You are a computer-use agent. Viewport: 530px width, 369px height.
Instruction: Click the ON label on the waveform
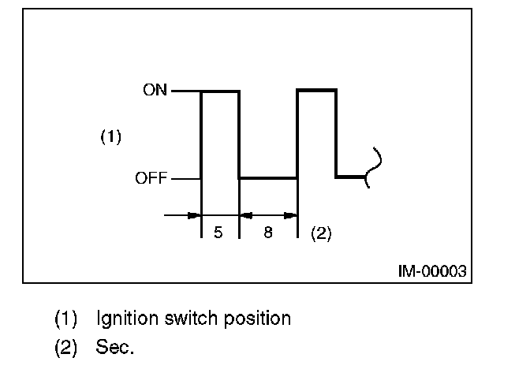(155, 90)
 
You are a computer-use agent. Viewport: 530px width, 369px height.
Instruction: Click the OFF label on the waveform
(151, 178)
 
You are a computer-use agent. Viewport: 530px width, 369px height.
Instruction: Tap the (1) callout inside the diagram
(110, 137)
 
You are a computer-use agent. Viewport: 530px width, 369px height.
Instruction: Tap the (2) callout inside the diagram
(321, 233)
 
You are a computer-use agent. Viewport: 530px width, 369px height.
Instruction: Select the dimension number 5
(219, 233)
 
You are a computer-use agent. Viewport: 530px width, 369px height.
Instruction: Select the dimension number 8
(268, 233)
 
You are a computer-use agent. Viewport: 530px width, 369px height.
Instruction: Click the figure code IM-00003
(431, 271)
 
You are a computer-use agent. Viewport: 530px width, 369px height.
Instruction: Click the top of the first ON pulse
(220, 91)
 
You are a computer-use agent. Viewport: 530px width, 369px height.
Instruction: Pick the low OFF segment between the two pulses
(268, 178)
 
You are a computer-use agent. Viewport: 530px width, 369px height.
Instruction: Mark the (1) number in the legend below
(65, 319)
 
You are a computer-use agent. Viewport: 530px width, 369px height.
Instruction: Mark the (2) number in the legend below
(65, 346)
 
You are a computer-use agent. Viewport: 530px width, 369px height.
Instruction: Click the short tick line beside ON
(185, 91)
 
